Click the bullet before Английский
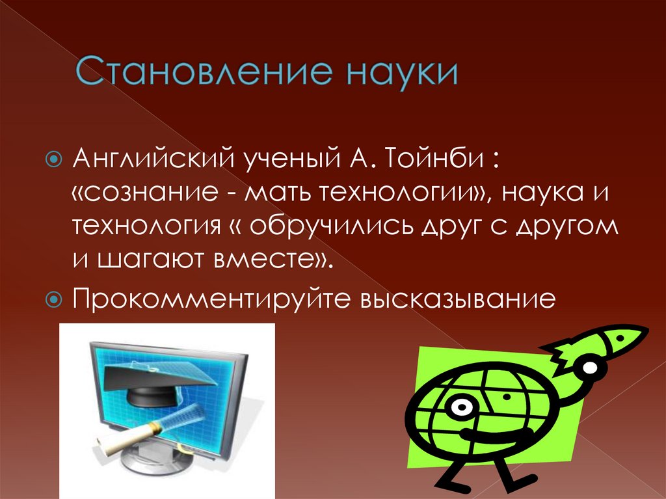coord(55,159)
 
